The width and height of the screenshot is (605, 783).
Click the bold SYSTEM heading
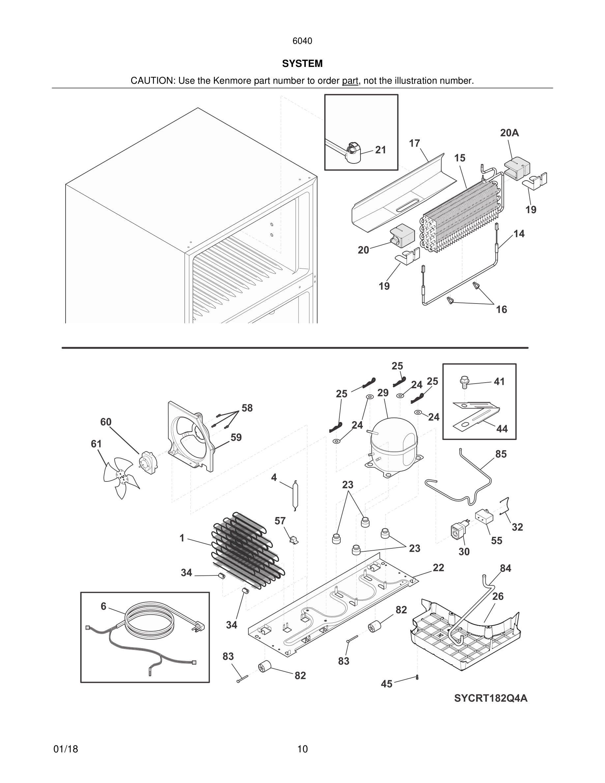(302, 64)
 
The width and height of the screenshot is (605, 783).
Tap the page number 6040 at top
(302, 41)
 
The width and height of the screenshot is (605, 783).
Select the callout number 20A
(509, 133)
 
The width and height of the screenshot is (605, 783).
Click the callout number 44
(502, 429)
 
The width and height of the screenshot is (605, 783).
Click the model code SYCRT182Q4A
(491, 698)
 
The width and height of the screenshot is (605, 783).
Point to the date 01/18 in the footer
(66, 749)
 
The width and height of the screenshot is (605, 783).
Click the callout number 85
(501, 454)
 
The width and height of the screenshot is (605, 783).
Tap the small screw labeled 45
(417, 677)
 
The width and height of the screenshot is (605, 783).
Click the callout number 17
(414, 143)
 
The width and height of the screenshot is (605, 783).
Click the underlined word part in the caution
(350, 81)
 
